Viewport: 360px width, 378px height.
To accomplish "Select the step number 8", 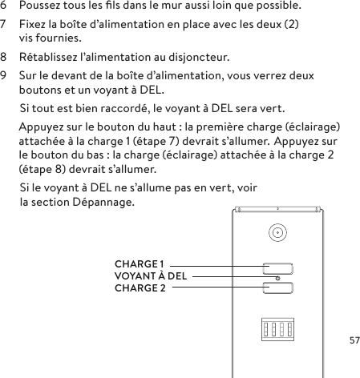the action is pyautogui.click(x=4, y=58).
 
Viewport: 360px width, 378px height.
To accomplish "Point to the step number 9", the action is pyautogui.click(x=4, y=76).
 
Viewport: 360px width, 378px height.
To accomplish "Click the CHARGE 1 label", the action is pyautogui.click(x=140, y=263).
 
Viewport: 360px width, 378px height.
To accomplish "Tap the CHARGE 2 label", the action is pyautogui.click(x=140, y=288).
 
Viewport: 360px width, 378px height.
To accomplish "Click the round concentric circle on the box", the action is pyautogui.click(x=277, y=234).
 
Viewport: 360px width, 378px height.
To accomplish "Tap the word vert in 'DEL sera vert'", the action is pyautogui.click(x=271, y=108).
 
